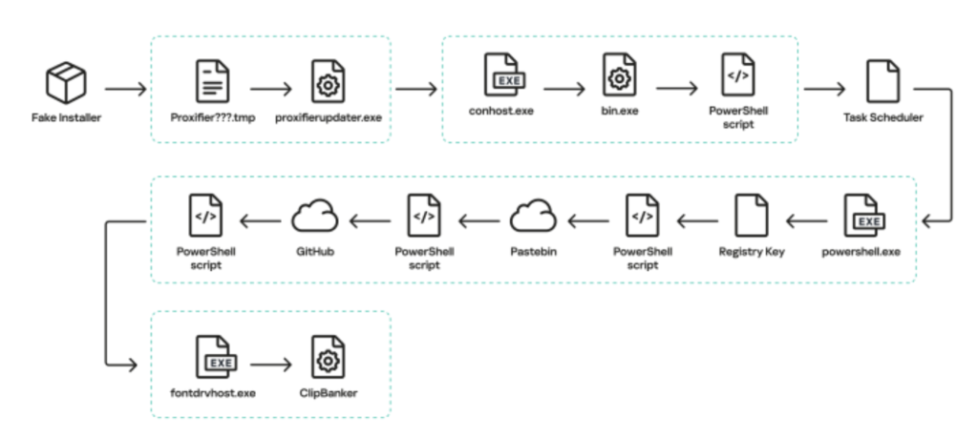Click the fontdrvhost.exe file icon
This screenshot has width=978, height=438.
pos(213,358)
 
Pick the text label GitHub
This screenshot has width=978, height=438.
pos(314,252)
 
